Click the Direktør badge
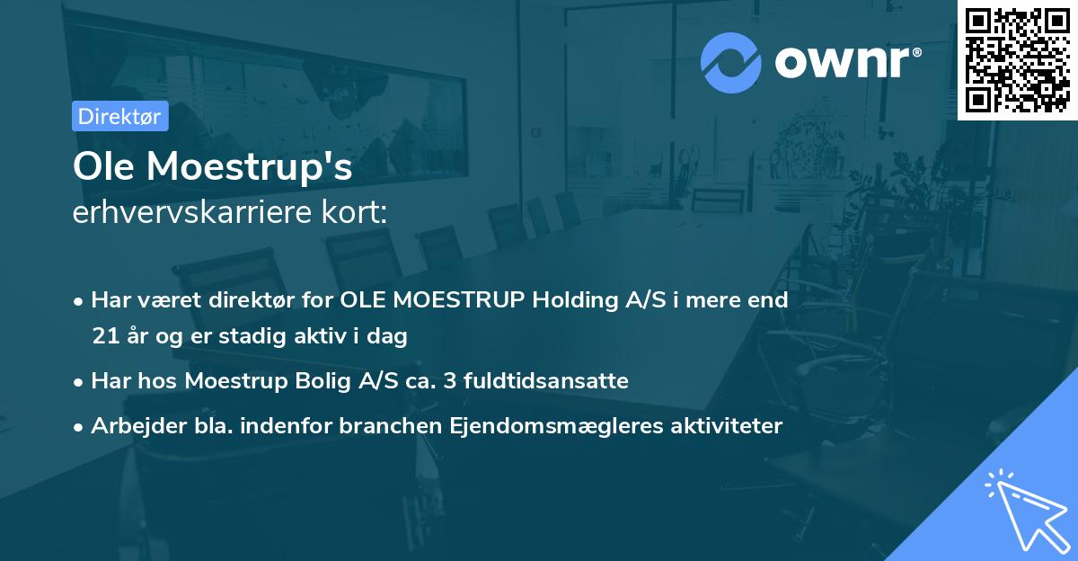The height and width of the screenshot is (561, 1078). pos(119,116)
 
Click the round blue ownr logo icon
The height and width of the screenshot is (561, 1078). pos(731,62)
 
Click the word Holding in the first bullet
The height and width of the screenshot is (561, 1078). pos(573,300)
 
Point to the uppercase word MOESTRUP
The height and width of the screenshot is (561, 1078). pos(463,300)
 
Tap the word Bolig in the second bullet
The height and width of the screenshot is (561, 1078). pos(323,381)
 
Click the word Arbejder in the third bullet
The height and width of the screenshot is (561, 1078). pos(130,426)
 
